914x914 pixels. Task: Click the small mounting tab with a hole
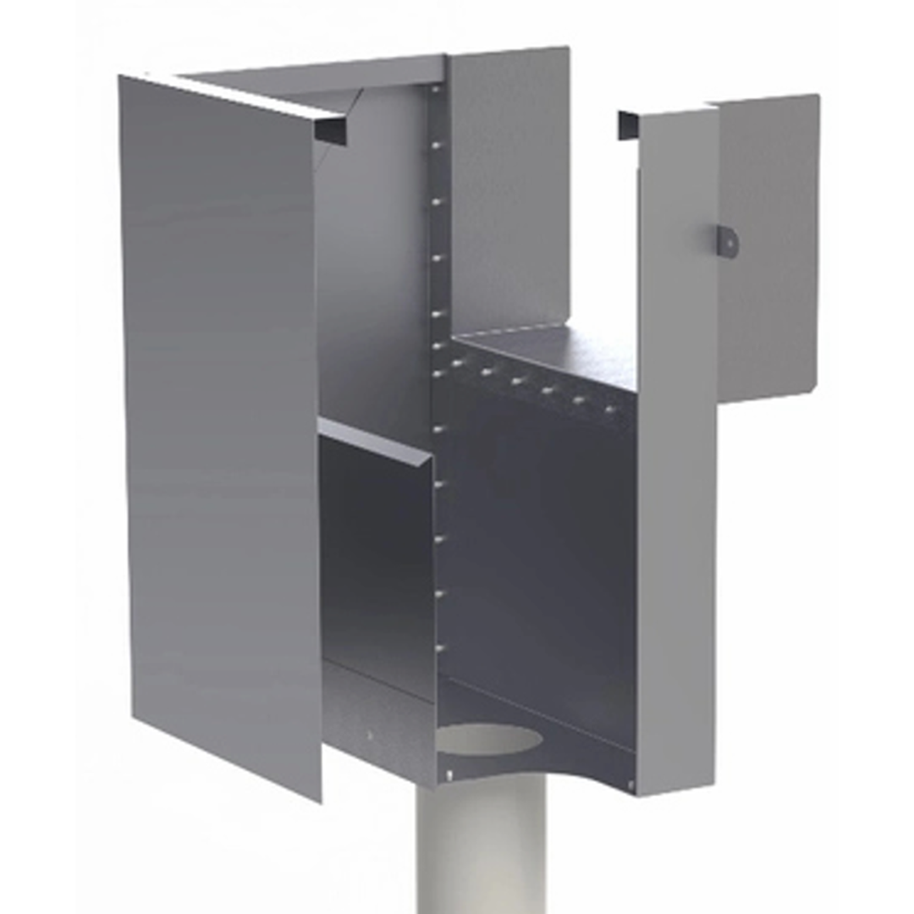click(x=728, y=241)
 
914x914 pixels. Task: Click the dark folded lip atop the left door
click(x=330, y=129)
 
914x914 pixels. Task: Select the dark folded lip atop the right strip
click(x=627, y=125)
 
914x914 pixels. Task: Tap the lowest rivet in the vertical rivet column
click(x=438, y=648)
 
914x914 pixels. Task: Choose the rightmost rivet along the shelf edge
click(x=608, y=410)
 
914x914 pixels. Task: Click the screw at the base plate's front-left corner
click(x=449, y=773)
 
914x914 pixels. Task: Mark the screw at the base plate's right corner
click(x=630, y=787)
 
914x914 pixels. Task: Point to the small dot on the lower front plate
click(x=369, y=735)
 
